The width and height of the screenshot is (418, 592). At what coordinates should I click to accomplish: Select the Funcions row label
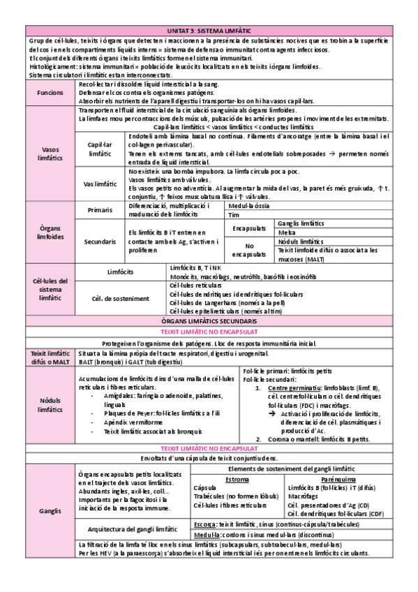(50, 92)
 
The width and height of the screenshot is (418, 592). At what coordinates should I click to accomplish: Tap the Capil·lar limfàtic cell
(100, 148)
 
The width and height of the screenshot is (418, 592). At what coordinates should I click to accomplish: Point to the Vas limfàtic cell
(100, 184)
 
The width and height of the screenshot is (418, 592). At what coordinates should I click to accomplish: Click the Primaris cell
(100, 210)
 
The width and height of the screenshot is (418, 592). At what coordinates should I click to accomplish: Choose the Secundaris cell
(100, 241)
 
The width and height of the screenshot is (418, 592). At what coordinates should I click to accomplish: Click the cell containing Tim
(234, 215)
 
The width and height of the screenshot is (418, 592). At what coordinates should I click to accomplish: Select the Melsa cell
(286, 232)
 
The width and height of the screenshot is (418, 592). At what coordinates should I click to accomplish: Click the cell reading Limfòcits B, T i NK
(195, 267)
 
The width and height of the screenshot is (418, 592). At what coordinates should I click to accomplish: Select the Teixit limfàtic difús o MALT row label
(50, 358)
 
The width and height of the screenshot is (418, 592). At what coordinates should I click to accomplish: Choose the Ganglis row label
(50, 512)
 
